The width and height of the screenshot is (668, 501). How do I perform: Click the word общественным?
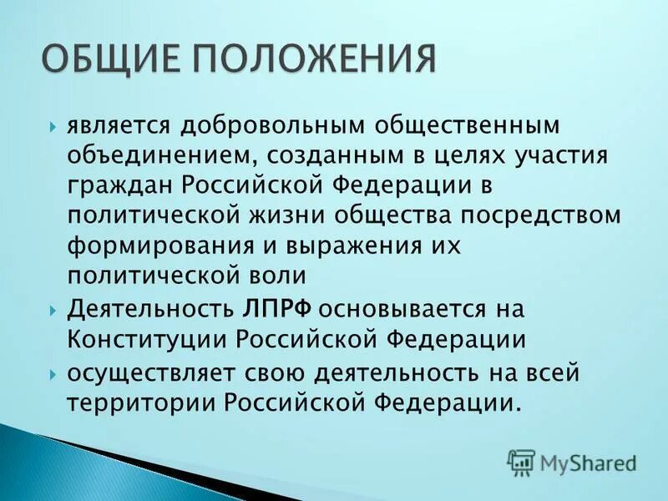(463, 124)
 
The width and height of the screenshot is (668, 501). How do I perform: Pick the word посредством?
(548, 214)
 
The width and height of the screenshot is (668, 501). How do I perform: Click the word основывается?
(404, 308)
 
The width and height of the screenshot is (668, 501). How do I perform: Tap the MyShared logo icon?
(521, 461)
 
